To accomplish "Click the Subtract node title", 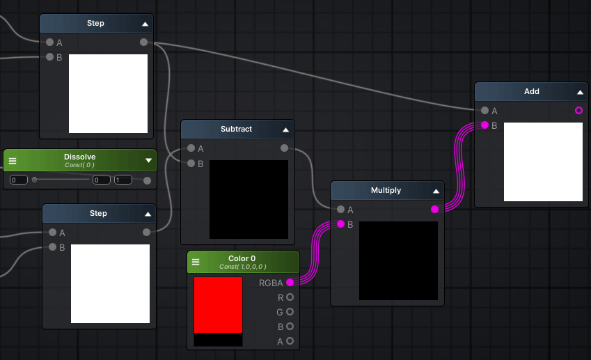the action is click(x=236, y=129).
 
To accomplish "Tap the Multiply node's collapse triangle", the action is click(x=436, y=191).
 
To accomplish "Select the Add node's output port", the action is click(x=579, y=111).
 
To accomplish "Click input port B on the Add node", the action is click(x=484, y=125).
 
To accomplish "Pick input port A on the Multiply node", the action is click(x=340, y=209).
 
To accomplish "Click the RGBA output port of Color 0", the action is click(x=290, y=282).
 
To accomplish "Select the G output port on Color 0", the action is click(x=290, y=312).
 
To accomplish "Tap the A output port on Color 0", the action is click(x=290, y=341).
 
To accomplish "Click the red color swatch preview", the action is click(x=219, y=305).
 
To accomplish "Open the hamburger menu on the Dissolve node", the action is click(x=13, y=161).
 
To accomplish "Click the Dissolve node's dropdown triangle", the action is click(x=148, y=161).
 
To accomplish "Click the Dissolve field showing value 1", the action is click(x=123, y=180).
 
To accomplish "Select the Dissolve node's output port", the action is click(x=148, y=180).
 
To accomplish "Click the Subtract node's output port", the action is click(x=284, y=148).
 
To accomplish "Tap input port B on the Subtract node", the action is click(x=191, y=163).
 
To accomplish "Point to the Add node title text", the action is click(x=531, y=92).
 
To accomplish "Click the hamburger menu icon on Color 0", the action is click(x=196, y=262).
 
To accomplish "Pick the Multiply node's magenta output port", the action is click(x=434, y=209).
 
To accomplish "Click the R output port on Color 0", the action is click(x=290, y=297).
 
